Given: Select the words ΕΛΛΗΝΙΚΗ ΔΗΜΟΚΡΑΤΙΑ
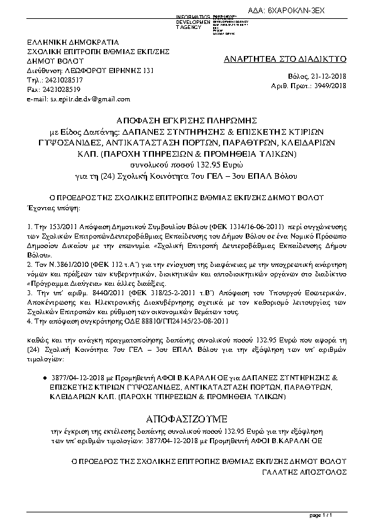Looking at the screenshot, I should pos(68,42).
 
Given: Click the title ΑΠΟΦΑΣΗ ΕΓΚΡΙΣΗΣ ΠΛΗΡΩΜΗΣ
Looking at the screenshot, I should pos(188,119).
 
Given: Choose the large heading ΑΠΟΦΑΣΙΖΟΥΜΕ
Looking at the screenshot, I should pos(187,419).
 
